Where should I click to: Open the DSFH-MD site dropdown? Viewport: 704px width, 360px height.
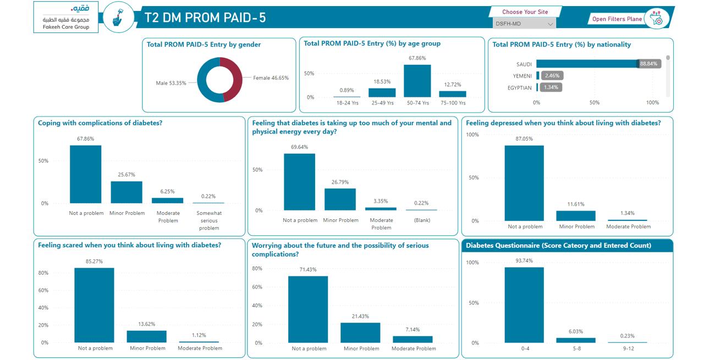coord(524,24)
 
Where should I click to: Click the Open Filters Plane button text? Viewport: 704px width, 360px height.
coord(617,19)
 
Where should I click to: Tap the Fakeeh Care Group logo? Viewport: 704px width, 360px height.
coord(66,17)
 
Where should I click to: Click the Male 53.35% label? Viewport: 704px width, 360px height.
coord(171,83)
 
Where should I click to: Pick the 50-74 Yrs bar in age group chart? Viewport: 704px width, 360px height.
coord(417,81)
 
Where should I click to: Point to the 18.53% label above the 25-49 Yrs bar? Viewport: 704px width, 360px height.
coord(382,82)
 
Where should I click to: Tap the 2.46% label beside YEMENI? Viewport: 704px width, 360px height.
coord(552,75)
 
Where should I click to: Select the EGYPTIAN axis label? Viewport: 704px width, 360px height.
coord(520,88)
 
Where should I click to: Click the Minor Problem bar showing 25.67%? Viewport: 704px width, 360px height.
coord(127,192)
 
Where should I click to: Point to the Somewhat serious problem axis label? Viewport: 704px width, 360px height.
coord(209,220)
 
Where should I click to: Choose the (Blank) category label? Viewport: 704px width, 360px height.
coord(422,220)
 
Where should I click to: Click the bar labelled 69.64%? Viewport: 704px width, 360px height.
coord(300,182)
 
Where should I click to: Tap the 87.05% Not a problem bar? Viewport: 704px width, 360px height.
coord(524,183)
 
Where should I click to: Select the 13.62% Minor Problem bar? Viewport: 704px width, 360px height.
coord(146,336)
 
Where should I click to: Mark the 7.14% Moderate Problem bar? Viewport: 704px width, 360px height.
coord(413,339)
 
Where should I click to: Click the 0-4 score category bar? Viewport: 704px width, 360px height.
coord(524,305)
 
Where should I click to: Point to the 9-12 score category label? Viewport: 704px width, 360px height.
coord(628,348)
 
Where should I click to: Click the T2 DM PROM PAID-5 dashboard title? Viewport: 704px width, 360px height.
coord(205,18)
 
